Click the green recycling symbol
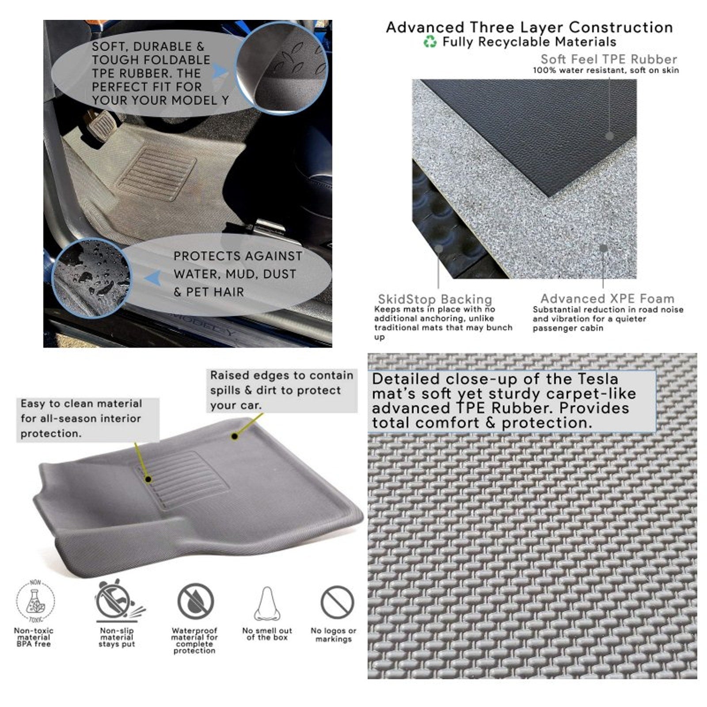430,42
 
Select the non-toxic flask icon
35,601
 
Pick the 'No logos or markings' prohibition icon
337,602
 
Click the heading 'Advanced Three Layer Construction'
529,27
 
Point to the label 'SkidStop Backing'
435,299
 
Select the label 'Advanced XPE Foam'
607,298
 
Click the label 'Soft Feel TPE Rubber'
608,59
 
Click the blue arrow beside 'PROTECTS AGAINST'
152,277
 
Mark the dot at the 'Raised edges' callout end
235,436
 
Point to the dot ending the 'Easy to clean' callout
149,479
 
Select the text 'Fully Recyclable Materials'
529,42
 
